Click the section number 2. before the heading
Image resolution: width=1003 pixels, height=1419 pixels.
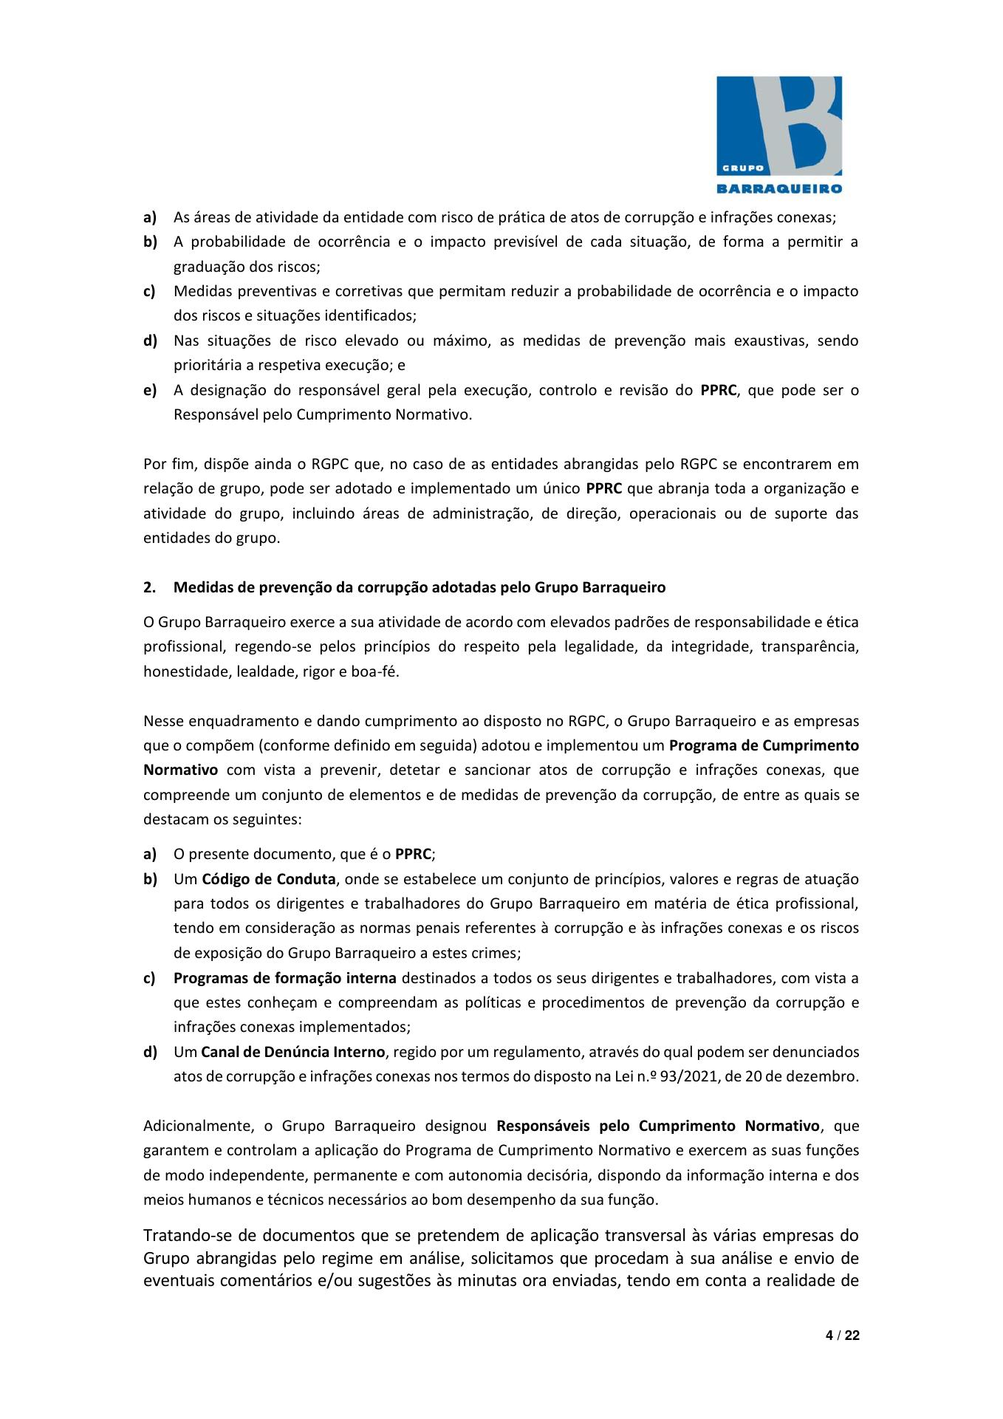pos(149,588)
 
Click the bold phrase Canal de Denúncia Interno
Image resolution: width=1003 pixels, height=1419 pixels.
pos(292,1051)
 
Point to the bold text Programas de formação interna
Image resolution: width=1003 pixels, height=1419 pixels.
pos(285,978)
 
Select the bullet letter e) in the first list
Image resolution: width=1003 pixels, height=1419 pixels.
pos(149,389)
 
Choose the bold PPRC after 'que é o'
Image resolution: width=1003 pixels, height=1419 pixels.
pos(413,855)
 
